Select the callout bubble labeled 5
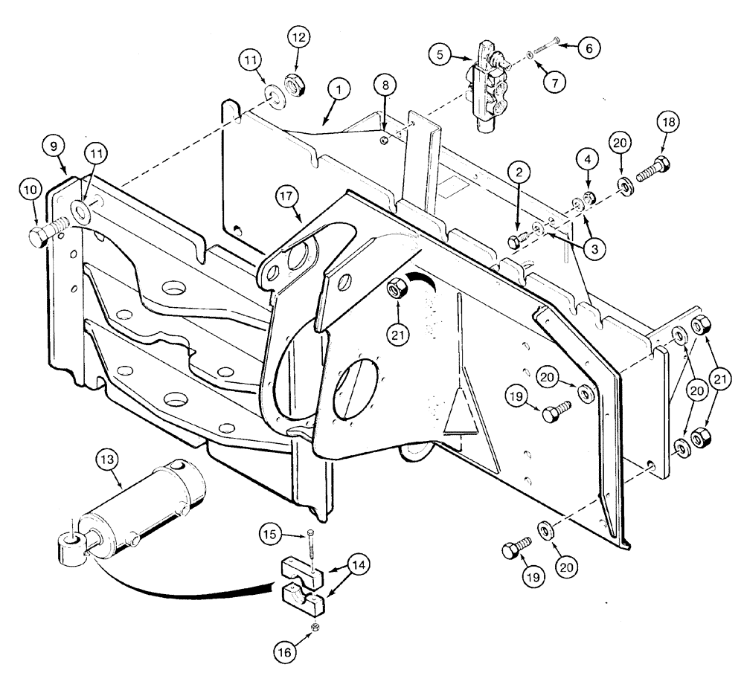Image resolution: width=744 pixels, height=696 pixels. tap(441, 54)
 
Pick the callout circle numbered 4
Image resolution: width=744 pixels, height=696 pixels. tap(587, 159)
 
